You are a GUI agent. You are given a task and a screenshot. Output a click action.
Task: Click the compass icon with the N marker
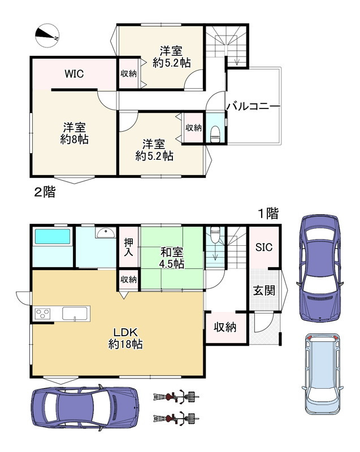point(47,36)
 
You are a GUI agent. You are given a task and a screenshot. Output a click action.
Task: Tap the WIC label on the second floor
point(74,74)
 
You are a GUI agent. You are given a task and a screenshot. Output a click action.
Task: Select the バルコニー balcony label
point(253,107)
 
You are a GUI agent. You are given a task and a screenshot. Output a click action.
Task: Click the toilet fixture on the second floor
point(215,134)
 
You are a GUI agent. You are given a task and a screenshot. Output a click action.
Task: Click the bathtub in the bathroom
point(53,236)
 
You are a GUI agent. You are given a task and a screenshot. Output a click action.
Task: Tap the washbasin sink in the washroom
point(106,232)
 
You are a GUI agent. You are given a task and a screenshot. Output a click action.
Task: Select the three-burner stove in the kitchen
point(42,314)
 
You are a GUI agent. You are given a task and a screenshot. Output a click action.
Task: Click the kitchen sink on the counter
point(75,314)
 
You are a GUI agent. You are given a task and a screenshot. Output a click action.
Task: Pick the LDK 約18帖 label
point(125,338)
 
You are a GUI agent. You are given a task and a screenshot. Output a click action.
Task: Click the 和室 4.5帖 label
point(172,258)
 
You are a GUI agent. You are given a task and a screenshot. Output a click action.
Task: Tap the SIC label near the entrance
point(264,247)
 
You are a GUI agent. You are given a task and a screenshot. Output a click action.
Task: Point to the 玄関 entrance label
point(264,290)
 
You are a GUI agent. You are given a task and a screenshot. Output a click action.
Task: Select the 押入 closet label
point(128,247)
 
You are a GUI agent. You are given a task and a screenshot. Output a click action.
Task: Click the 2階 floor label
point(45,192)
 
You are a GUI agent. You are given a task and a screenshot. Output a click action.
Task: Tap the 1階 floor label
point(268,214)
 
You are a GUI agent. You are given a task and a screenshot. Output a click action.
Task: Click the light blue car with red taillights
point(323,375)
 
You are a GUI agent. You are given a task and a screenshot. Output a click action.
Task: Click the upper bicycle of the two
point(176,397)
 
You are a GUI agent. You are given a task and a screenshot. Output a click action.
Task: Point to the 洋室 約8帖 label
point(75,134)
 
